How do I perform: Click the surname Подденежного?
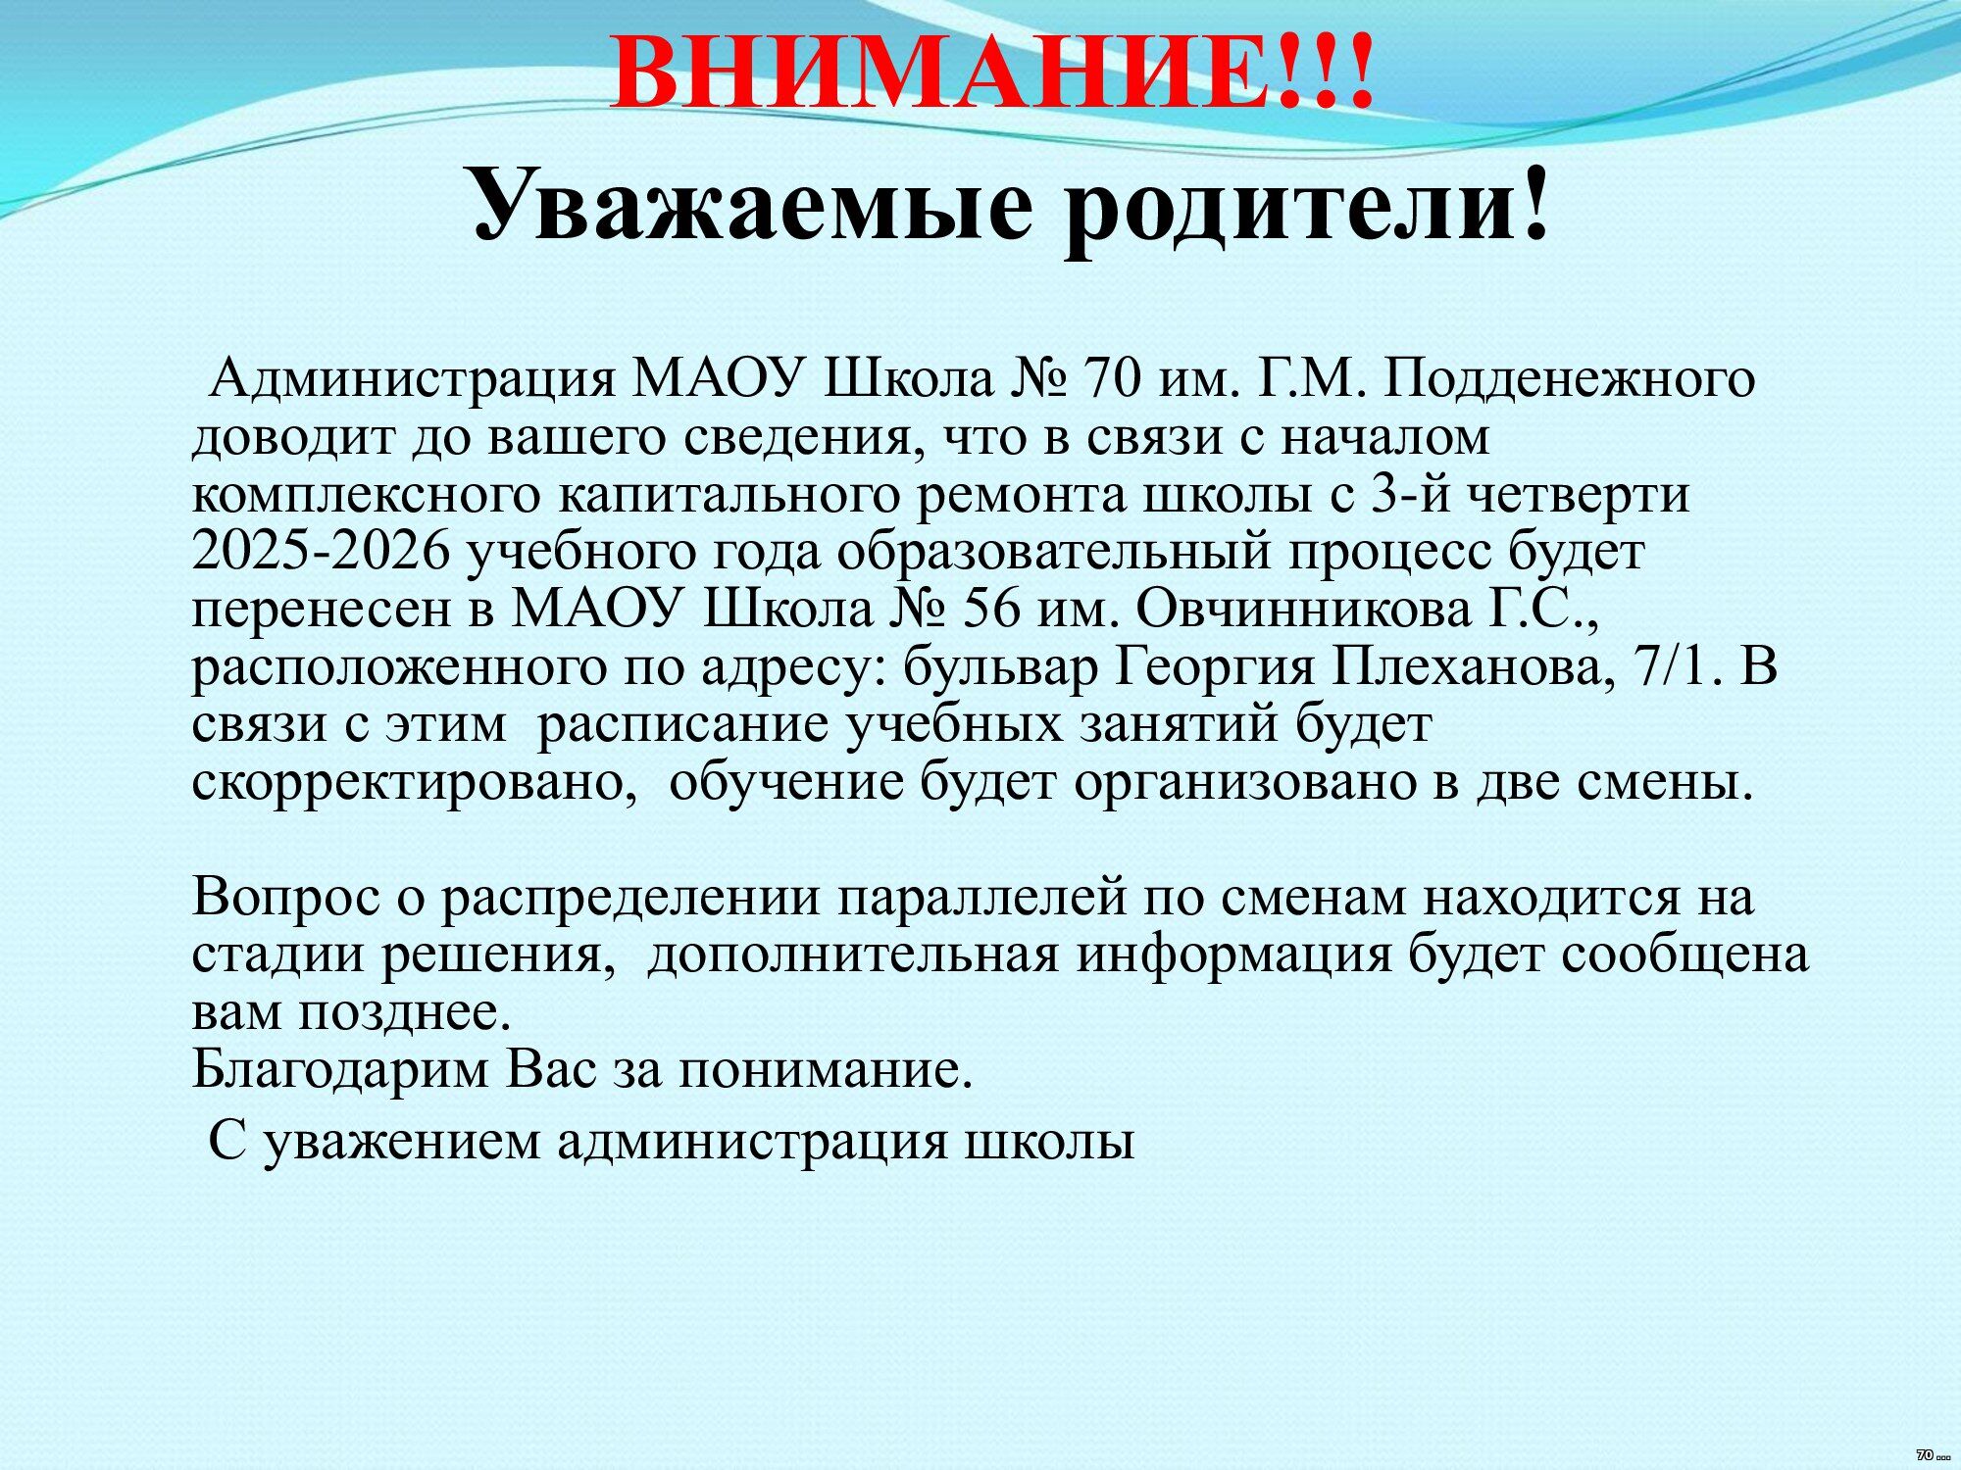(1569, 378)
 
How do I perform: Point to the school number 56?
(992, 610)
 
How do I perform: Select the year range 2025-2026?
(321, 552)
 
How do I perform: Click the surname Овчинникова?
(1304, 610)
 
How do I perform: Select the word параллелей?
(980, 898)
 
